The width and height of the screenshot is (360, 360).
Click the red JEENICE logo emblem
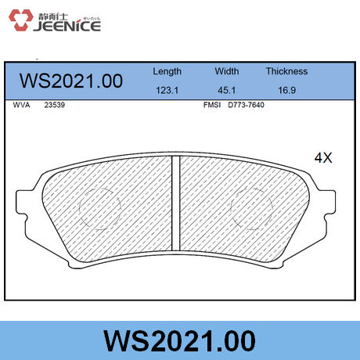tap(20, 20)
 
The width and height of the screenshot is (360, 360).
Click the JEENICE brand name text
tap(67, 26)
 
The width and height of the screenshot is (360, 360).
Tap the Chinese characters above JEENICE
tap(53, 16)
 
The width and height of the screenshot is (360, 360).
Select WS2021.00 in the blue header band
tap(71, 81)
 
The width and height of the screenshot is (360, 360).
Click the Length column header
tap(167, 71)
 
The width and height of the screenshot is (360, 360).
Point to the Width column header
tap(227, 71)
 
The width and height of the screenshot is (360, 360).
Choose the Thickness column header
tap(286, 71)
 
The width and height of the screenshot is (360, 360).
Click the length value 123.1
tap(167, 90)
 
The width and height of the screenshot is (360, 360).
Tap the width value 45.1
tap(227, 90)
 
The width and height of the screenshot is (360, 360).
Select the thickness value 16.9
tap(286, 90)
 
